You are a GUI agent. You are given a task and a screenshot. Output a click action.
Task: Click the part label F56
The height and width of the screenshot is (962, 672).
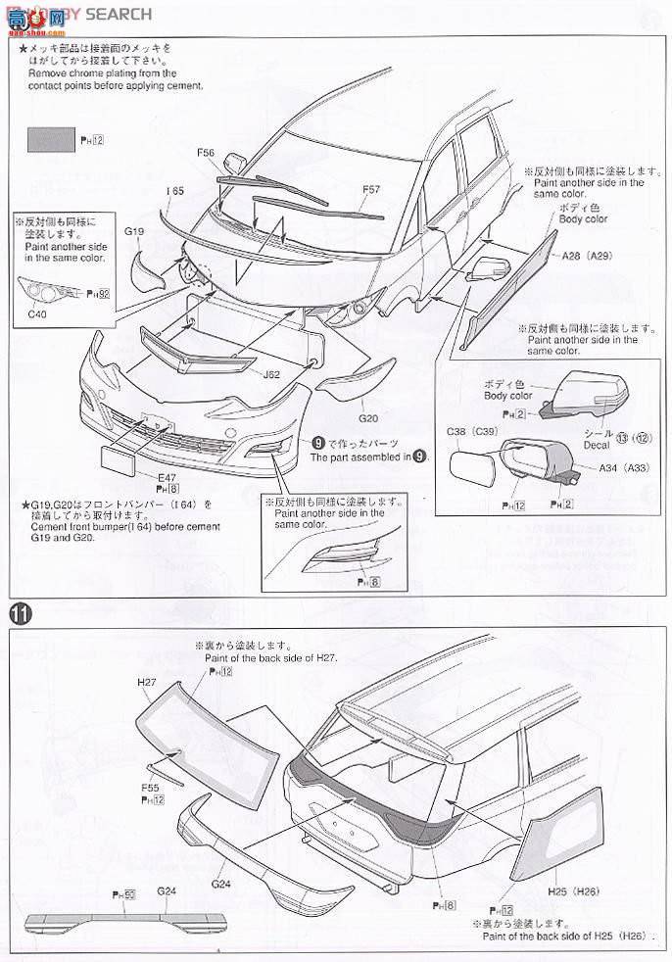pos(206,153)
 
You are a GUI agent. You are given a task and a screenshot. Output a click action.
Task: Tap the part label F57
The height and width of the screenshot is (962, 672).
pos(371,189)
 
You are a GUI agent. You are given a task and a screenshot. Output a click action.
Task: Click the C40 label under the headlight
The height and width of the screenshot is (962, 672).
pos(37,313)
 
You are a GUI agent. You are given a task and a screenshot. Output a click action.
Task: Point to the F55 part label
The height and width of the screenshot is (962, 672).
pos(151,787)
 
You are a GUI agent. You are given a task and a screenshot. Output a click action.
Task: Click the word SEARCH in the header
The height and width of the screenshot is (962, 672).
pos(121,14)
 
